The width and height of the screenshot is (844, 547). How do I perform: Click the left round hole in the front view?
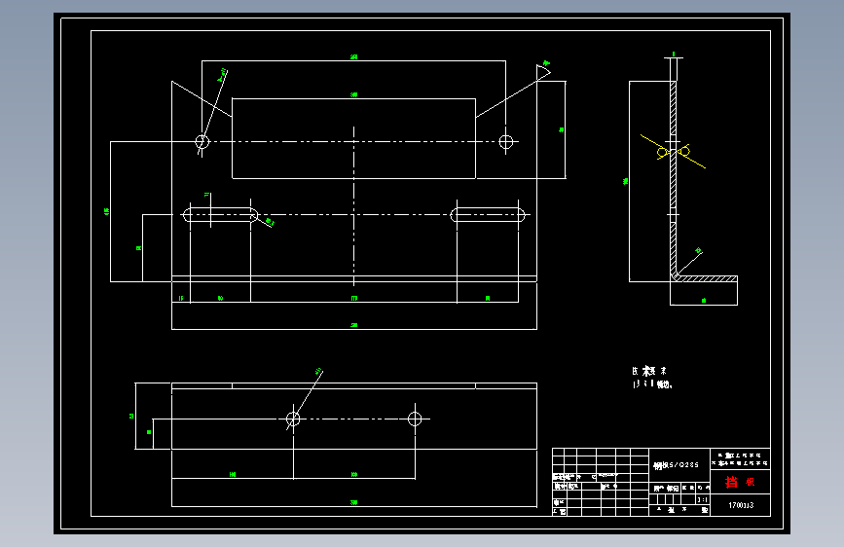202,142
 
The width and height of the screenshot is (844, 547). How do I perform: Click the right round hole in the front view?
506,142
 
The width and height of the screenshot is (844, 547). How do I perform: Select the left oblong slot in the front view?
221,215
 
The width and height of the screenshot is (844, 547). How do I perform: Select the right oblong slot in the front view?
488,215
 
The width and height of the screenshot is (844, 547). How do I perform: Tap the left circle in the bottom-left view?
293,419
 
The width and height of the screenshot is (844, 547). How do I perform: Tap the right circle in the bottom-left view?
415,419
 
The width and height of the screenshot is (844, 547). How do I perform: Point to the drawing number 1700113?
742,506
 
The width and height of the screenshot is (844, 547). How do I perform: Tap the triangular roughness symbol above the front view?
543,68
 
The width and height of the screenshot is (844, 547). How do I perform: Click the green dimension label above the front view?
353,58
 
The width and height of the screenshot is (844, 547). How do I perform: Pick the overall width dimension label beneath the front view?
353,325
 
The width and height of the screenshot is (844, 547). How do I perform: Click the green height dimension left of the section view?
626,180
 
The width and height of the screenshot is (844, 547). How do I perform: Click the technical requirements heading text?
649,371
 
